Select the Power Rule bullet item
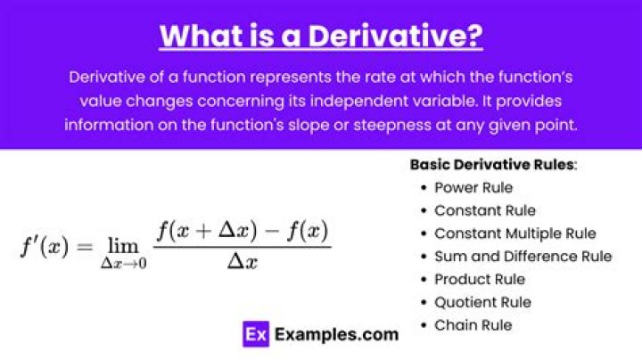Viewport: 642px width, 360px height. [x=473, y=188]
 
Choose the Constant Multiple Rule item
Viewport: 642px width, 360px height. [x=515, y=233]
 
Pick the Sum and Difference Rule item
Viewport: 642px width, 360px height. [x=523, y=257]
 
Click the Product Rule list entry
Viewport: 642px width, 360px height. [x=480, y=280]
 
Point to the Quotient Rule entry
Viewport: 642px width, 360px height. [x=482, y=302]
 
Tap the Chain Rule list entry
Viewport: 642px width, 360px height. [x=473, y=325]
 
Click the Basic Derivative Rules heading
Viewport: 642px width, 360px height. [x=493, y=165]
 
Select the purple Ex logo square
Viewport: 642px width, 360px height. [x=256, y=334]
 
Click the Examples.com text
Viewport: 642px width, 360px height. [x=336, y=335]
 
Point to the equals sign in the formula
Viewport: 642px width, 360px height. [x=85, y=247]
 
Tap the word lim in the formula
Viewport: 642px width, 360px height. [x=123, y=246]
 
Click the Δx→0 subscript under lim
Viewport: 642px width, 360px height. [x=124, y=264]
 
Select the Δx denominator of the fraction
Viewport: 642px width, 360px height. [x=243, y=261]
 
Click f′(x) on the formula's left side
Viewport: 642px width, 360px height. [x=45, y=247]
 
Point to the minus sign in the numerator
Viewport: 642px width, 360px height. [x=272, y=231]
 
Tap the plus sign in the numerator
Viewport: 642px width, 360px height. [x=203, y=231]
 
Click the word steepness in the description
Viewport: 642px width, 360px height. [x=392, y=125]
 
